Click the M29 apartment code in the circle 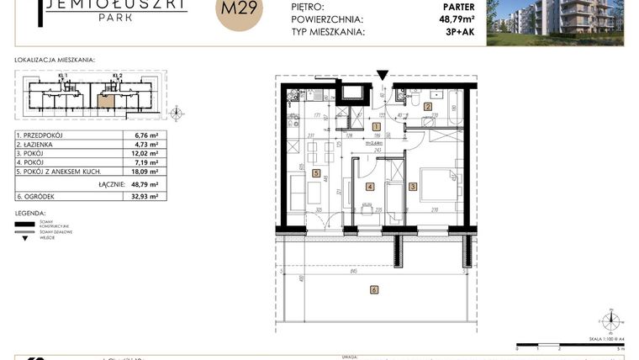pos(239,10)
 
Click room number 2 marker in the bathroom pos(426,107)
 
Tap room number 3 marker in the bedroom pos(413,188)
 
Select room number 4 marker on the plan pos(369,187)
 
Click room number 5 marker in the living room pos(315,173)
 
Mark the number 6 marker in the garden pos(373,290)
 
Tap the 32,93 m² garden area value pos(135,196)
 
